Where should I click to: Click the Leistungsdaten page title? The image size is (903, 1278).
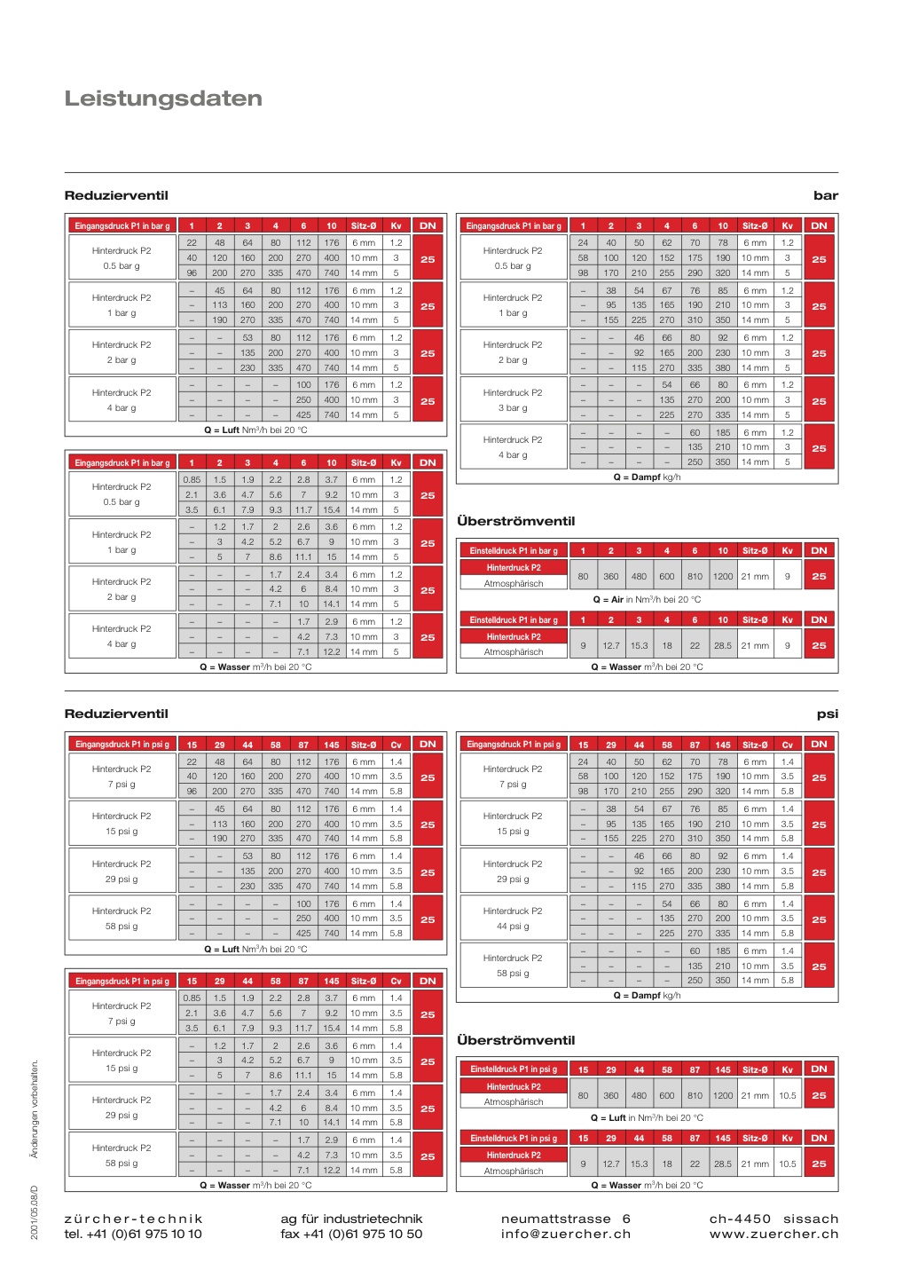pyautogui.click(x=163, y=99)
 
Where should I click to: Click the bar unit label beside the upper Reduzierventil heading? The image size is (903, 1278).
pyautogui.click(x=825, y=195)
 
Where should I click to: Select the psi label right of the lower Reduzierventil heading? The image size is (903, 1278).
pyautogui.click(x=827, y=714)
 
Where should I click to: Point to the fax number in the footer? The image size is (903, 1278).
pyautogui.click(x=351, y=1234)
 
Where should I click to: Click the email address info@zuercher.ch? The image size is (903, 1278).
pyautogui.click(x=565, y=1234)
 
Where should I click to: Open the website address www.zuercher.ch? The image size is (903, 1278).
pyautogui.click(x=773, y=1234)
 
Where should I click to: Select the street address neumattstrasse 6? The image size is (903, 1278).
pyautogui.click(x=565, y=1219)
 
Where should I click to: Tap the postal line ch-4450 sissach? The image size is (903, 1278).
pyautogui.click(x=773, y=1219)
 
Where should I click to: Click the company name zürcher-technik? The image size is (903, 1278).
pyautogui.click(x=134, y=1219)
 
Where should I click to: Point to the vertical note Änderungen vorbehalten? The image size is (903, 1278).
pyautogui.click(x=35, y=1108)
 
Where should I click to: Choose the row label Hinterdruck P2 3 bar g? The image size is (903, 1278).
pyautogui.click(x=513, y=400)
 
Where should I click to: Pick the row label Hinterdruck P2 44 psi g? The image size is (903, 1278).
pyautogui.click(x=513, y=919)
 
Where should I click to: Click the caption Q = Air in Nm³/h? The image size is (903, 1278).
pyautogui.click(x=646, y=600)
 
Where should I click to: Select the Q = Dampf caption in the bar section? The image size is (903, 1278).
pyautogui.click(x=647, y=477)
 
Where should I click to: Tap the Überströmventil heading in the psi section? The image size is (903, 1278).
pyautogui.click(x=515, y=1040)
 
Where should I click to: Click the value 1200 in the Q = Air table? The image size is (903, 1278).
pyautogui.click(x=723, y=577)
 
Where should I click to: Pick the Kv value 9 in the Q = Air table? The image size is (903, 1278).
pyautogui.click(x=787, y=577)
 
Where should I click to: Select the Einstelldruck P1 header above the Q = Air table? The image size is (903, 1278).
pyautogui.click(x=514, y=551)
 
